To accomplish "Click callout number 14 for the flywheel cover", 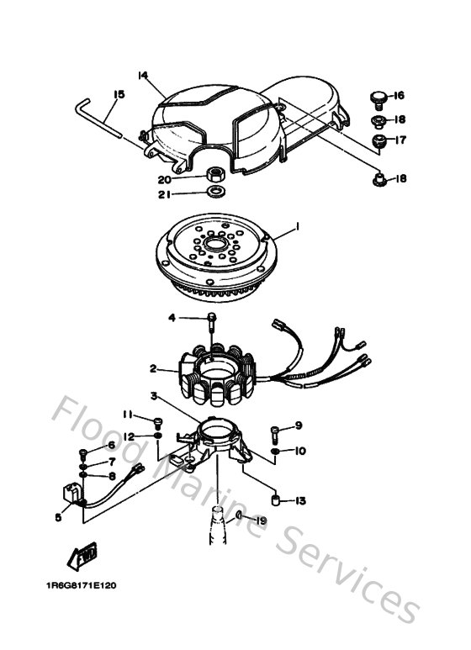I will pyautogui.click(x=142, y=76).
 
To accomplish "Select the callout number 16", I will pyautogui.click(x=399, y=95).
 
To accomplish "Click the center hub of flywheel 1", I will pyautogui.click(x=214, y=246).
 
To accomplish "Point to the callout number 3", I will pyautogui.click(x=154, y=395).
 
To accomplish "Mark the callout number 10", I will pyautogui.click(x=300, y=452).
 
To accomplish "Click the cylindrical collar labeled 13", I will pyautogui.click(x=273, y=500).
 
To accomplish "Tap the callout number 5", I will pyautogui.click(x=58, y=518).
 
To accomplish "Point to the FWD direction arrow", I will pyautogui.click(x=83, y=556).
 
